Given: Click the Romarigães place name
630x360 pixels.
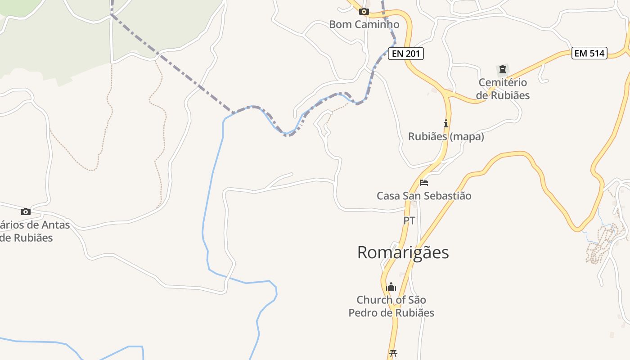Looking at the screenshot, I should pyautogui.click(x=403, y=252).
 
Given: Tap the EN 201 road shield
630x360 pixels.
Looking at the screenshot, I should pyautogui.click(x=405, y=54).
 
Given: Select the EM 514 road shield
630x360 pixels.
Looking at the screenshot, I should pyautogui.click(x=589, y=53).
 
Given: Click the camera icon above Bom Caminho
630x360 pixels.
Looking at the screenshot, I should pyautogui.click(x=364, y=12).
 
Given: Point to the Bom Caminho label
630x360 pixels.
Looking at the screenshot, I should pyautogui.click(x=364, y=24).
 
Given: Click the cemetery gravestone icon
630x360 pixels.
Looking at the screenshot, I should pyautogui.click(x=502, y=69).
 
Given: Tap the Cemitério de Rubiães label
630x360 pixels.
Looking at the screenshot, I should pyautogui.click(x=503, y=89).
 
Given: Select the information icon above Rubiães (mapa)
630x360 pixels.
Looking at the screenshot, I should pyautogui.click(x=446, y=123).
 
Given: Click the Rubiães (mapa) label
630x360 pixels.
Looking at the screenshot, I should pyautogui.click(x=446, y=136).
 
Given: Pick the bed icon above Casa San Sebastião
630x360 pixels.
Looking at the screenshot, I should pyautogui.click(x=424, y=183).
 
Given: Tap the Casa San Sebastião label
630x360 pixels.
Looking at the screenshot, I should pyautogui.click(x=424, y=196).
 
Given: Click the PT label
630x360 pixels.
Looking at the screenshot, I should pyautogui.click(x=409, y=220).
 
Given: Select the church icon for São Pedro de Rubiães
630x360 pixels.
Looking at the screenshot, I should pyautogui.click(x=391, y=287).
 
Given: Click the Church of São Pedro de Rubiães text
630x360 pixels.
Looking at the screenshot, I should pyautogui.click(x=391, y=306).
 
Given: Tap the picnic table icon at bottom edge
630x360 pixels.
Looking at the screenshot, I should pyautogui.click(x=393, y=353).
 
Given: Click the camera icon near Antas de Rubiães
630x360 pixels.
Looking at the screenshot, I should pyautogui.click(x=26, y=211).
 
